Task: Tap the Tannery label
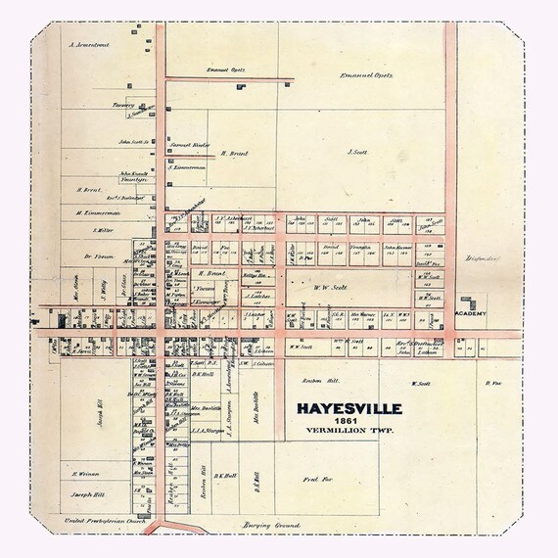[121, 106]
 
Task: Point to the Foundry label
[133, 179]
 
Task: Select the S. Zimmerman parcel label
[185, 168]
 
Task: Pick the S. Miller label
[102, 230]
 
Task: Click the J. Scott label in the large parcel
[357, 152]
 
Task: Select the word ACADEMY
[472, 313]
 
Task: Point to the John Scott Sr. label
[132, 142]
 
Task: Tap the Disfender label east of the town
[484, 258]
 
